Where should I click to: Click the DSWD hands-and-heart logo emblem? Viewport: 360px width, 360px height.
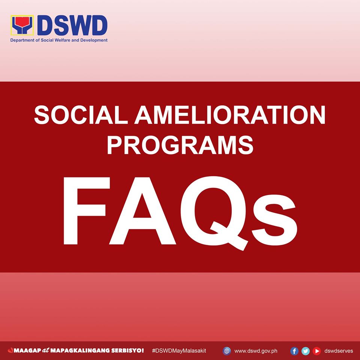22,26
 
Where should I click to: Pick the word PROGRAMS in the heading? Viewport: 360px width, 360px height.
180,145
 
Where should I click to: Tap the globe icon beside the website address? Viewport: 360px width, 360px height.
227,351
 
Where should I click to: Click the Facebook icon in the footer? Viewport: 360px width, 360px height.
294,351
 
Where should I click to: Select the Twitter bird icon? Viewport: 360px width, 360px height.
306,351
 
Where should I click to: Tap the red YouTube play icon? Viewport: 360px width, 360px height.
317,351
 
